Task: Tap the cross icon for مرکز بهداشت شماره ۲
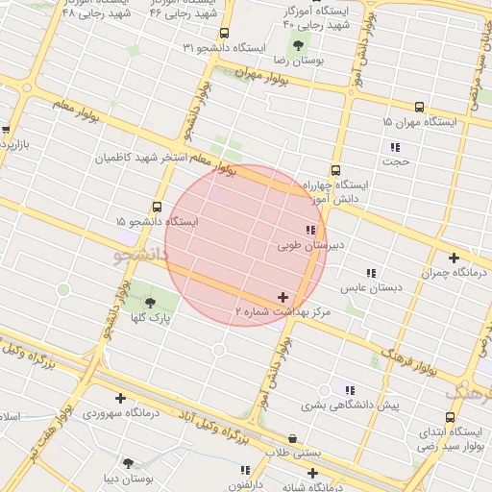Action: click(x=282, y=298)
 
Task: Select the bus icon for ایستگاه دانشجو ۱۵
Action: click(x=157, y=207)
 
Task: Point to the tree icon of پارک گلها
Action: click(x=148, y=304)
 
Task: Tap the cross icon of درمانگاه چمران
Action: click(x=454, y=257)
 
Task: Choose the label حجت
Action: click(x=395, y=161)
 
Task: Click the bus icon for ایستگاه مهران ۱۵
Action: click(x=418, y=108)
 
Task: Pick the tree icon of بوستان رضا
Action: click(x=299, y=44)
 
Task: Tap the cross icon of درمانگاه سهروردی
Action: click(x=120, y=398)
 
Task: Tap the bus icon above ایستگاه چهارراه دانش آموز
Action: click(x=335, y=167)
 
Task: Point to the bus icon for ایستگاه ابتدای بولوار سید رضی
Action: click(x=424, y=445)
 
